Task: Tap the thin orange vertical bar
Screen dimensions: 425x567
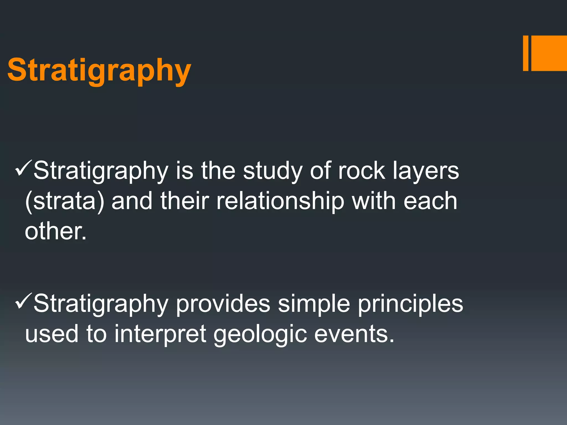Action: [x=525, y=53]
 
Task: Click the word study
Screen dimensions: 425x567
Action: [x=272, y=172]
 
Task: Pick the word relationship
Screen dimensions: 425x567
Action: [x=280, y=201]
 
